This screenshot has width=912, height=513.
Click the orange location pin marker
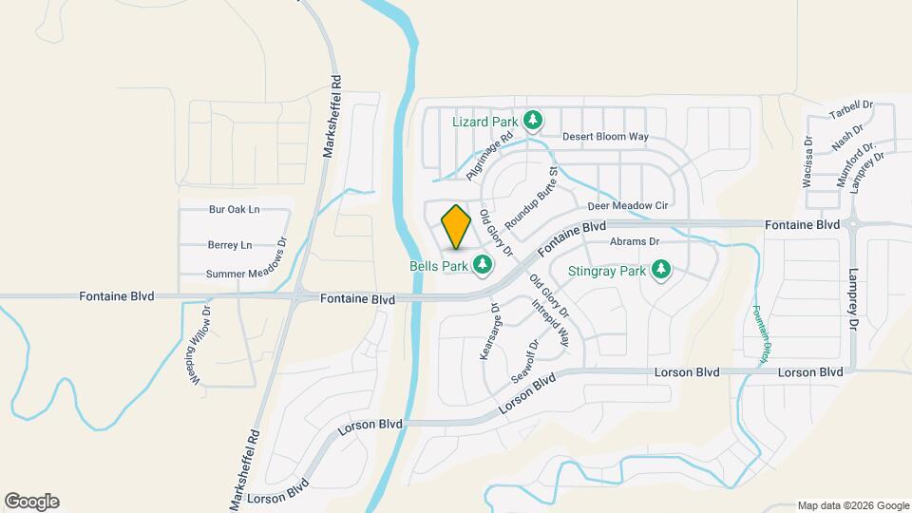pos(457,226)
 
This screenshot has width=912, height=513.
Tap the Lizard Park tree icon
pos(534,120)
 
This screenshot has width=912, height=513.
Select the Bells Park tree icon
pos(484,265)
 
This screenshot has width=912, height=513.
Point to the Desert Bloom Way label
pos(605,137)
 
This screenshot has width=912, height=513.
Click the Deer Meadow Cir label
pos(628,205)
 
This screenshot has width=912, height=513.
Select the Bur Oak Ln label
pos(235,209)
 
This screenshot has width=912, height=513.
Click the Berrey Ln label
pos(230,244)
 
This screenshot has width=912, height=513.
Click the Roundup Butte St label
pos(529,198)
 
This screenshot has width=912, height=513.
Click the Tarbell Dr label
pos(850,111)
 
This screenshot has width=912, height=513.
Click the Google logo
pos(31,502)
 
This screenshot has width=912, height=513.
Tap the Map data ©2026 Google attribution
pos(852,505)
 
